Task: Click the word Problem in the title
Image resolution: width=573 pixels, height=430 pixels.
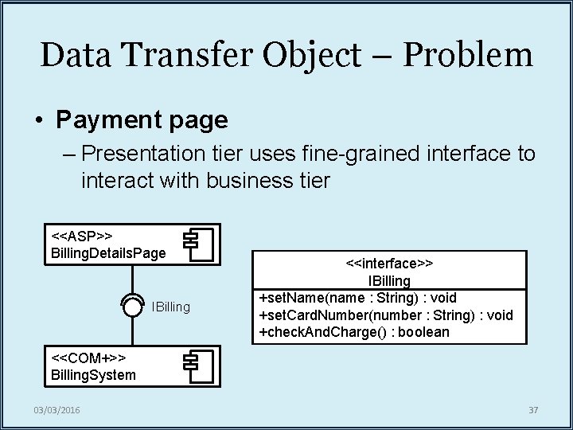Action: point(468,55)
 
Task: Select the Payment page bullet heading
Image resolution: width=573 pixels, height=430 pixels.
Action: point(142,120)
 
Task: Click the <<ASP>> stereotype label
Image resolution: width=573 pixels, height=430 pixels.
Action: point(82,236)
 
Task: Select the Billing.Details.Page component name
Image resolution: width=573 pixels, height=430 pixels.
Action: point(108,252)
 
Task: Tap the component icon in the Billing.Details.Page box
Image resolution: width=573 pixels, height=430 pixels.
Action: point(199,244)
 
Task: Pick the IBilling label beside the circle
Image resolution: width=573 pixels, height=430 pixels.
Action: point(171,307)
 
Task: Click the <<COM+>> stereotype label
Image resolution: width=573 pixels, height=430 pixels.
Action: point(88,358)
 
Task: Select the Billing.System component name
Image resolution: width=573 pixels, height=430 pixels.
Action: point(93,374)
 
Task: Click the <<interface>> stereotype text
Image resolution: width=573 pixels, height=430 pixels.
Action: point(389,263)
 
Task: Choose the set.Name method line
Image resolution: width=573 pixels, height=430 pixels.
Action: point(358,298)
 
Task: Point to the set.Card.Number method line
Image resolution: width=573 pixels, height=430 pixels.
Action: point(386,315)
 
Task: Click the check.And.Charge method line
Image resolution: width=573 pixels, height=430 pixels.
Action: point(354,332)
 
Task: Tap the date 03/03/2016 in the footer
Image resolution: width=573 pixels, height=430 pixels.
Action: point(57,410)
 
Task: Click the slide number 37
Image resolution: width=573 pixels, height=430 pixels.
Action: point(533,410)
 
